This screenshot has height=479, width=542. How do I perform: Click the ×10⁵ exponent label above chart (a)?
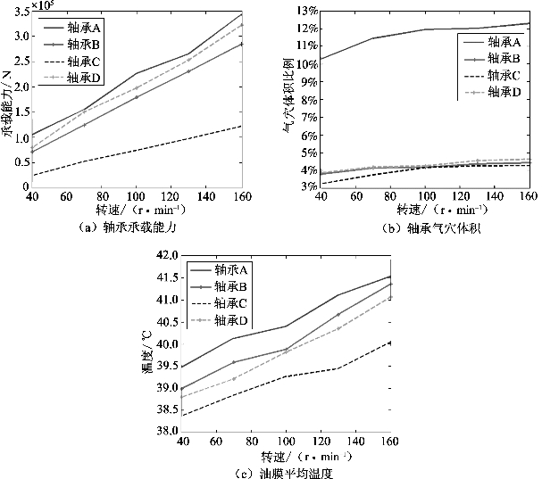(x=42, y=5)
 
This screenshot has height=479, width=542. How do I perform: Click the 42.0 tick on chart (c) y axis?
(x=166, y=255)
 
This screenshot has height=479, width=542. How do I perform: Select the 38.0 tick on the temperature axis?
(x=166, y=431)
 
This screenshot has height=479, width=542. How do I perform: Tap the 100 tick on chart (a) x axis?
(x=136, y=195)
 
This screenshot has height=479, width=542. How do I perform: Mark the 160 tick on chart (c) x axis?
(x=390, y=441)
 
